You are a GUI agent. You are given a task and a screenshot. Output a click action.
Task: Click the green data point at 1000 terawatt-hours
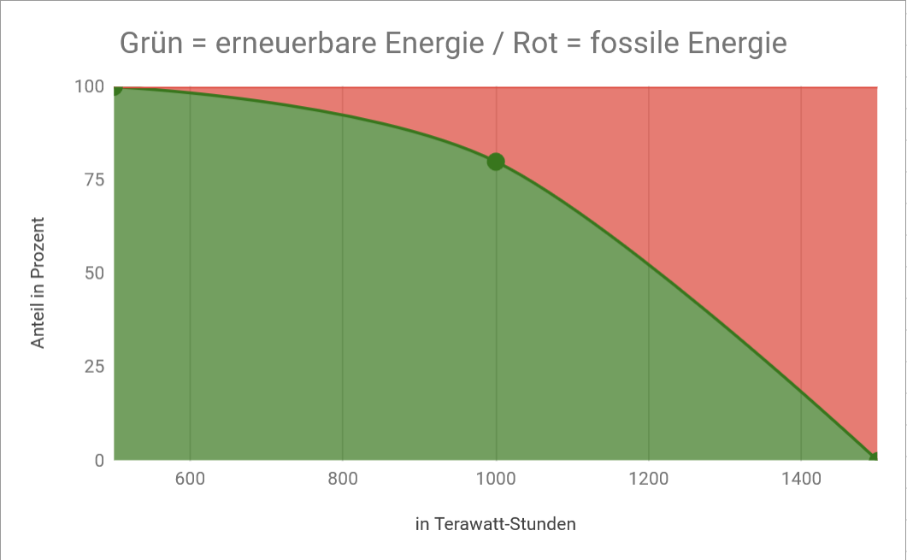[x=496, y=161]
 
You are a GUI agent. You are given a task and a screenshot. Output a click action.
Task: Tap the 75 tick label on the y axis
[x=95, y=180]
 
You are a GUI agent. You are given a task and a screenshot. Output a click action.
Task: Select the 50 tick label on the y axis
[x=94, y=274]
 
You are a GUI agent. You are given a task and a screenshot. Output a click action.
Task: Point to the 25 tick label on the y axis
[x=94, y=367]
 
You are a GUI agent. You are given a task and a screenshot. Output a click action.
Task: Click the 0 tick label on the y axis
[x=99, y=461]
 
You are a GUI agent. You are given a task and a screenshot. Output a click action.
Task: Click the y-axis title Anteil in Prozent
[x=38, y=282]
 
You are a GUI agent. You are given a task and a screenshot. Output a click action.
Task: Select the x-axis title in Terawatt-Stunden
[x=496, y=524]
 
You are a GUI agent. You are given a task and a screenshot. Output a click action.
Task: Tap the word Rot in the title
[x=535, y=43]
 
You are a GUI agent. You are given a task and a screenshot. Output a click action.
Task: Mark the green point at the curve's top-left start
[x=115, y=87]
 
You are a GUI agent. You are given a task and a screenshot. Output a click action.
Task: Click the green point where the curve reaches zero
[x=875, y=459]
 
